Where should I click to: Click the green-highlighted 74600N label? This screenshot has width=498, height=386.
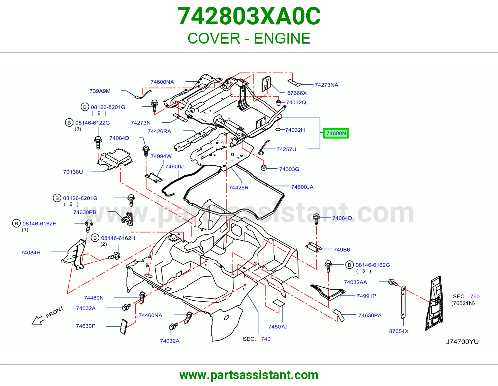coord(336,134)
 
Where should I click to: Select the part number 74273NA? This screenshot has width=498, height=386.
coord(327,85)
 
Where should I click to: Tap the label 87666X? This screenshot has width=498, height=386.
coord(297,93)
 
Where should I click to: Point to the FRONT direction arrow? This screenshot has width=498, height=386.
coord(38,320)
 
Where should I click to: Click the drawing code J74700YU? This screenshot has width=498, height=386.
coord(462,342)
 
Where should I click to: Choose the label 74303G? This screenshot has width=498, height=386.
coord(289,169)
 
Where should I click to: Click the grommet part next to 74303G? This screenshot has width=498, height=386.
coord(264,167)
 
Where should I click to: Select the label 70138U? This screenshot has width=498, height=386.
coord(73,172)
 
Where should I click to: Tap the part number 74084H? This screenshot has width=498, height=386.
coord(31,252)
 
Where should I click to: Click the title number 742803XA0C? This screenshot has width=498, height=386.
coord(249,16)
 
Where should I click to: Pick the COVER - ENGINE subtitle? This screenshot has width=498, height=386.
coord(249,38)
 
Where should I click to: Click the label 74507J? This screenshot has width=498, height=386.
coord(278,327)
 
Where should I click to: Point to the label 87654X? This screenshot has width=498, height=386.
coord(399,331)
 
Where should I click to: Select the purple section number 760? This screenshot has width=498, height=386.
coord(475,296)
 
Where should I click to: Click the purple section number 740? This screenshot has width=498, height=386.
coord(265,339)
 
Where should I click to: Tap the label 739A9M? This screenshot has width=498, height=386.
coord(100,91)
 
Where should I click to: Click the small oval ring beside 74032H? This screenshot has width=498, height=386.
coord(278,130)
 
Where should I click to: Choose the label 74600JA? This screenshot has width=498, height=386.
coord(302,187)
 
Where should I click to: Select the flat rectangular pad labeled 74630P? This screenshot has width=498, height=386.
coord(124,327)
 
